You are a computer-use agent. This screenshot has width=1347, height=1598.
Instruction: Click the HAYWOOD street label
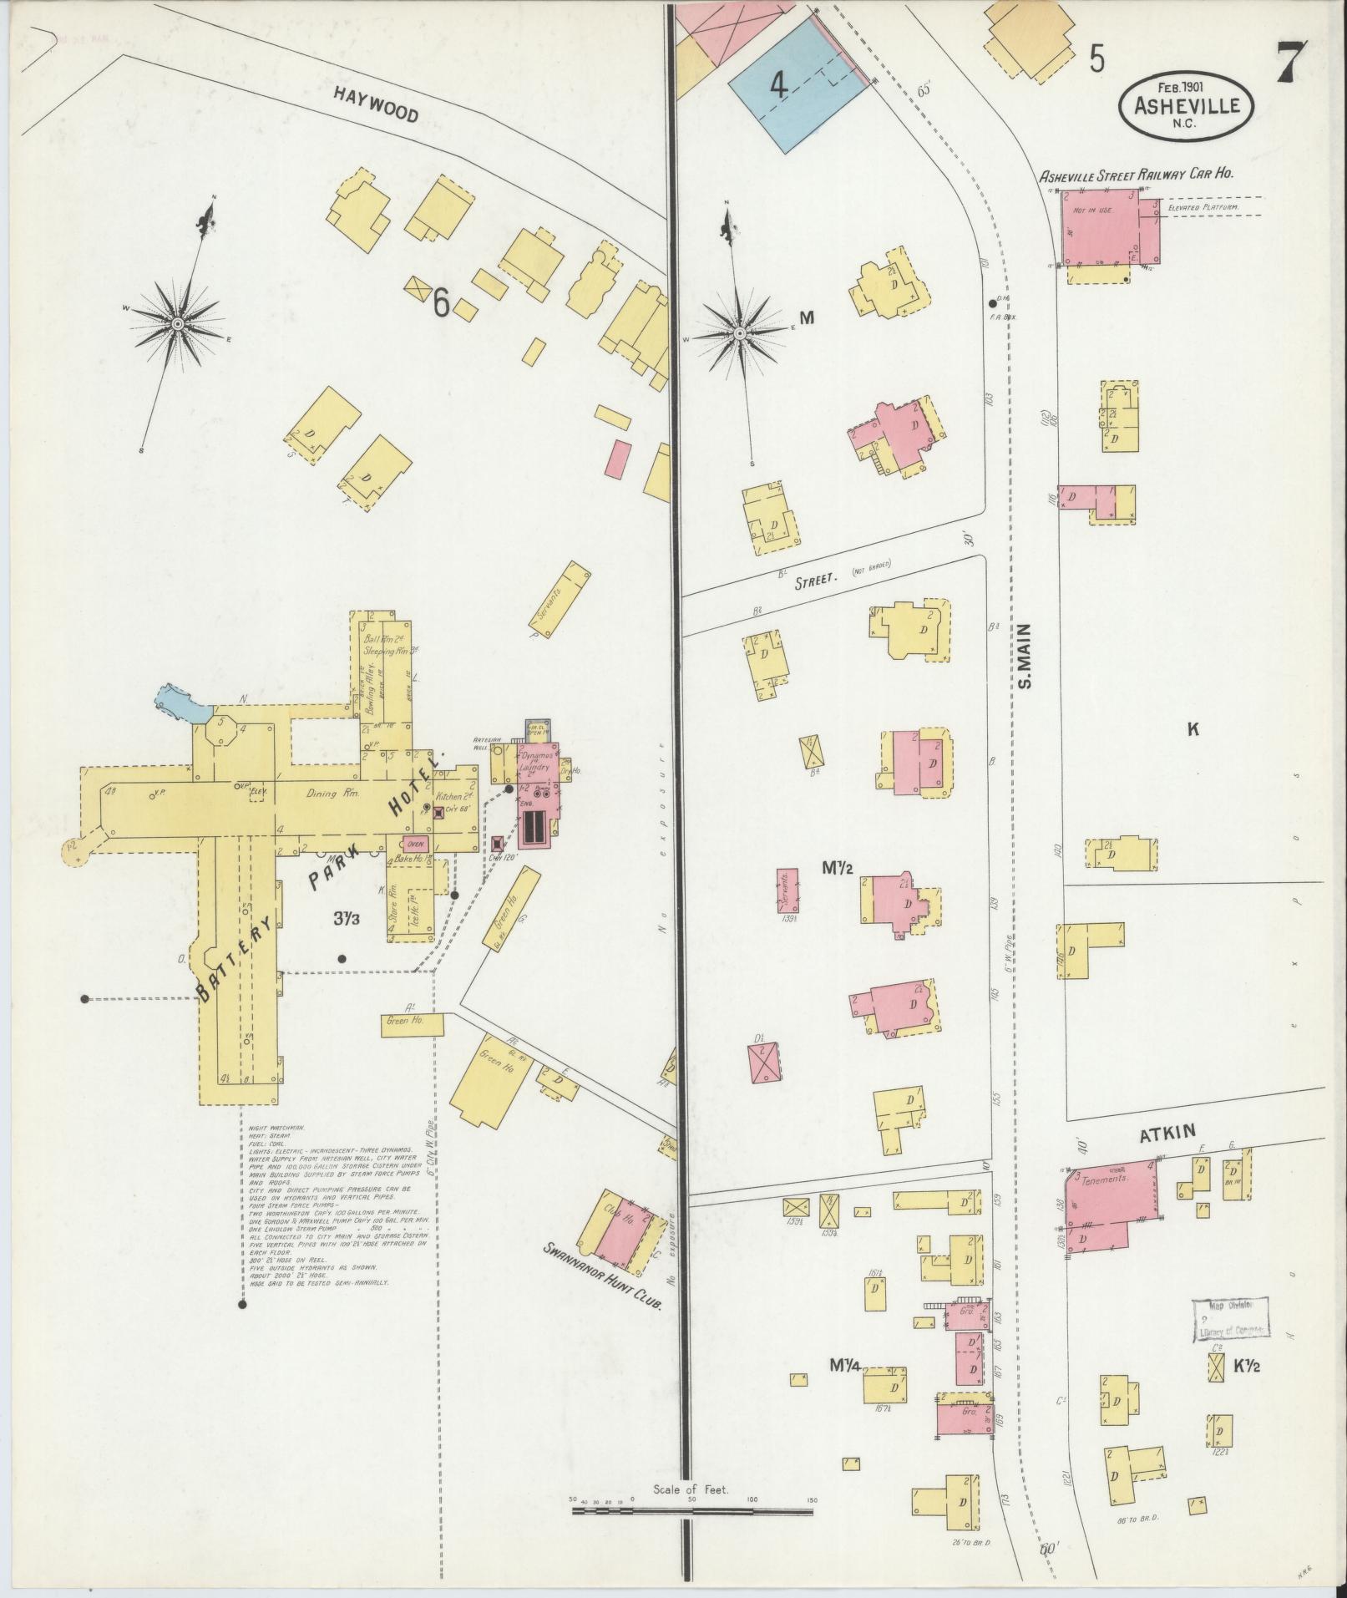pos(376,104)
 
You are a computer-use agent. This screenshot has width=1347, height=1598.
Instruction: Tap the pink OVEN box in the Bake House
pos(416,842)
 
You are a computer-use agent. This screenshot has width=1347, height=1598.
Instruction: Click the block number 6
pos(440,306)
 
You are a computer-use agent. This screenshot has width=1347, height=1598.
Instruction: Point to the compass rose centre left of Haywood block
pos(178,322)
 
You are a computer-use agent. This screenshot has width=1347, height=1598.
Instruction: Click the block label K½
pos(1246,1367)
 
